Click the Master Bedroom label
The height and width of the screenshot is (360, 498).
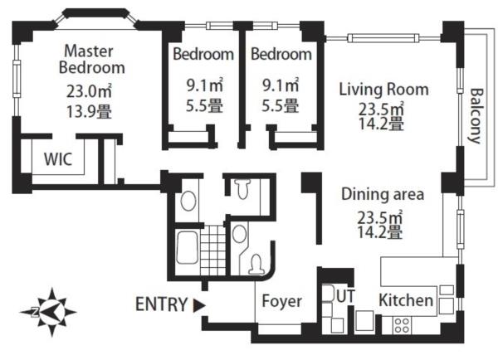[x=92, y=60]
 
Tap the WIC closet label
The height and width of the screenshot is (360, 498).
[x=58, y=159]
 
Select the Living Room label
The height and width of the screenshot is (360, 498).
[x=384, y=90]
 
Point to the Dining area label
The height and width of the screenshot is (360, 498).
[x=383, y=194]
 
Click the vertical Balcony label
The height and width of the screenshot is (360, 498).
[x=476, y=115]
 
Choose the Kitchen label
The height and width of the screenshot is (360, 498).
[x=406, y=300]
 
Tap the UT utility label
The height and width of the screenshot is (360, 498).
[x=345, y=296]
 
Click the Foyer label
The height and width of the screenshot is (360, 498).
[x=281, y=301]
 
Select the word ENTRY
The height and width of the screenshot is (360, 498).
[x=161, y=304]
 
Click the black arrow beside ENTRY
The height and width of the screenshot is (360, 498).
[x=199, y=305]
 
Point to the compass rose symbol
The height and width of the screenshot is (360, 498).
[x=48, y=312]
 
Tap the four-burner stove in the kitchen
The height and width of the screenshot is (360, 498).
[x=402, y=325]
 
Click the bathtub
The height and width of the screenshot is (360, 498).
[x=187, y=248]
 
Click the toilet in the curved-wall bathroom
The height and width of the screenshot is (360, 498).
[x=256, y=264]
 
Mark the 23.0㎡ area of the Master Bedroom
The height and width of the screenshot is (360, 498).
[x=89, y=91]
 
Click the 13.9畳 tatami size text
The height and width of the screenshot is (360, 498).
[x=89, y=112]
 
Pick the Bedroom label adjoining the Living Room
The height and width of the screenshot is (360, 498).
[x=281, y=54]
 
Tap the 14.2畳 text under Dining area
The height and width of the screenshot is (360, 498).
[x=380, y=232]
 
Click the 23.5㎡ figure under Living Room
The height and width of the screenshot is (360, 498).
[x=382, y=109]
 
